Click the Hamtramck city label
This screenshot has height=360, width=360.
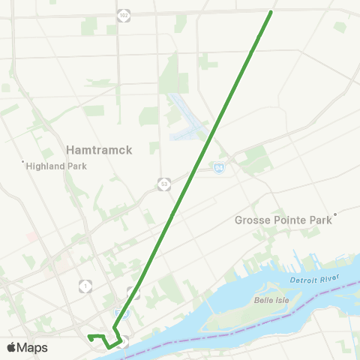(99, 150)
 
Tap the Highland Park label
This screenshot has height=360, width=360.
(57, 166)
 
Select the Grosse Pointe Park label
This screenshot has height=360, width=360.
(283, 220)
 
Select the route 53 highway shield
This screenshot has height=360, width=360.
(164, 183)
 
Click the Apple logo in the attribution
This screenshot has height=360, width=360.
(12, 347)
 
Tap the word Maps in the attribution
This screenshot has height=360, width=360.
(33, 347)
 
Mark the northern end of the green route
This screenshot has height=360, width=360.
(271, 11)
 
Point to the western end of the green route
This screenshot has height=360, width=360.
(88, 335)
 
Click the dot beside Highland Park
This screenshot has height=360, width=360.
(23, 161)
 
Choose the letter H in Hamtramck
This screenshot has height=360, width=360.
(70, 150)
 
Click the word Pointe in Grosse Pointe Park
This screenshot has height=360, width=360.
(283, 220)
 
